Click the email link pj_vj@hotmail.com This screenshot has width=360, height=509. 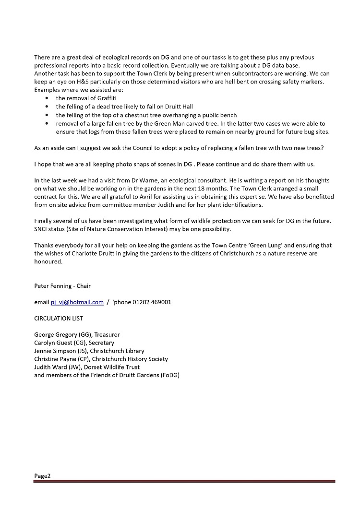[x=77, y=302]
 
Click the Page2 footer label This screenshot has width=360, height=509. [x=42, y=476]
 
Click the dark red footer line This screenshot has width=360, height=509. [x=184, y=481]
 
